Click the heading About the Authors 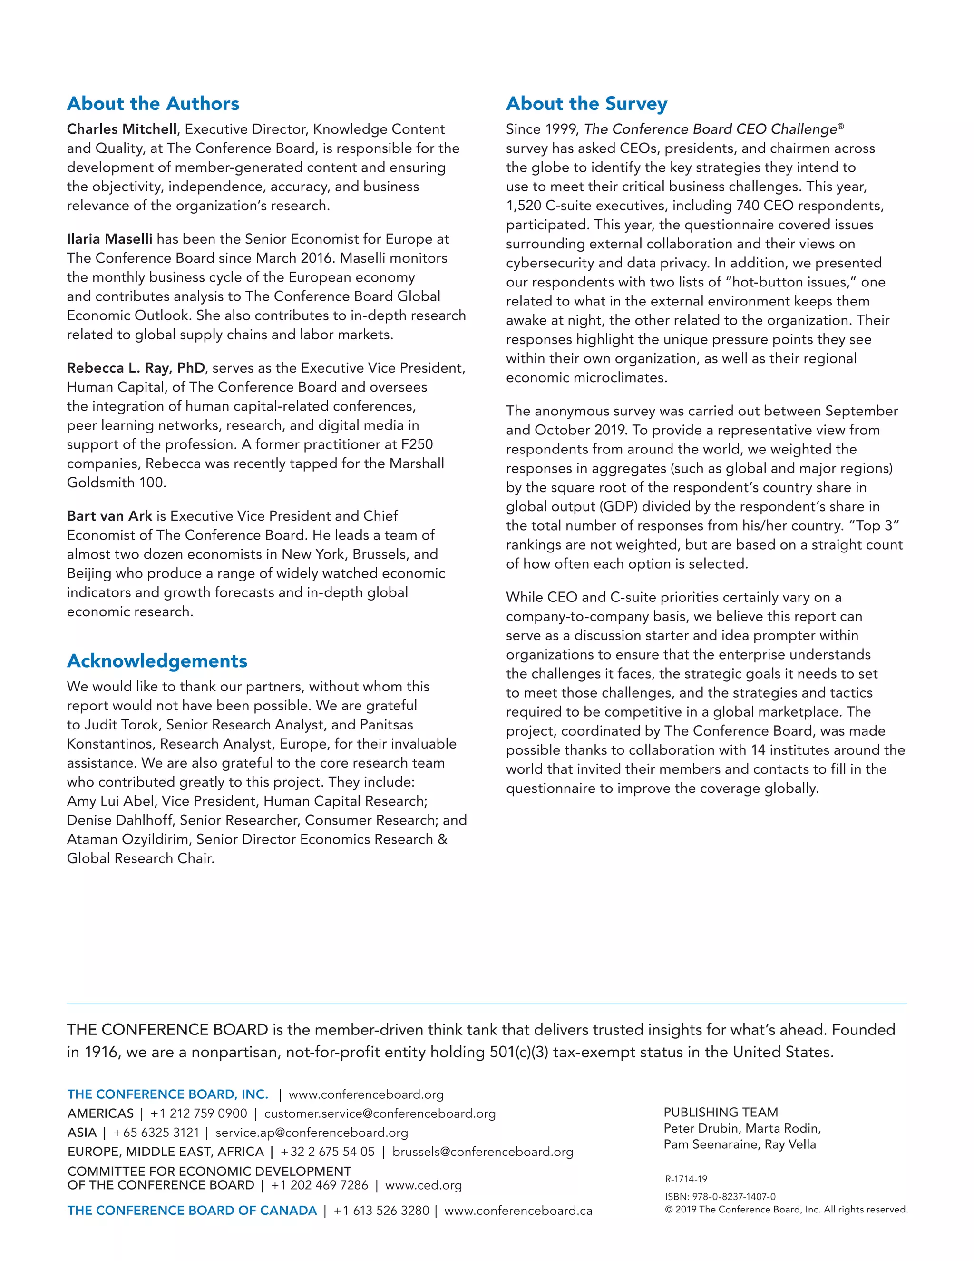(153, 104)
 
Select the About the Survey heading (586, 104)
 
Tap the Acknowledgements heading (157, 660)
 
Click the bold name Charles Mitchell (122, 129)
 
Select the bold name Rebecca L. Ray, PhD (136, 368)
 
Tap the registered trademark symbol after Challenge (841, 126)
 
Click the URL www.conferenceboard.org (366, 1095)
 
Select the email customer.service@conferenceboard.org (380, 1114)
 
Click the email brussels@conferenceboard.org (482, 1152)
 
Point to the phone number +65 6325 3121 (156, 1133)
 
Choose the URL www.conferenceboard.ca (518, 1211)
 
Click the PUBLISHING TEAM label (721, 1113)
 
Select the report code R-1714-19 (686, 1179)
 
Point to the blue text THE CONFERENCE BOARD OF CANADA (192, 1211)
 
